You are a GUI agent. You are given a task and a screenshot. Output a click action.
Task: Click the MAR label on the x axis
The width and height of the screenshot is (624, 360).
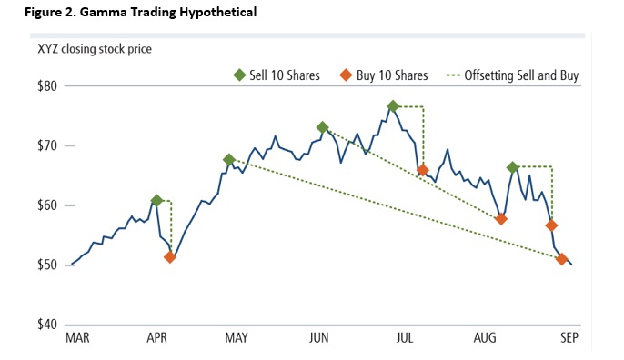[x=77, y=339]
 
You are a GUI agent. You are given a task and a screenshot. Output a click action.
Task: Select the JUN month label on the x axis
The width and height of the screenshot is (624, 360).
[x=318, y=339]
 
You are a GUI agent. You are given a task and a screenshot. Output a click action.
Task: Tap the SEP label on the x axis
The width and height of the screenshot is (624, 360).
[x=569, y=339]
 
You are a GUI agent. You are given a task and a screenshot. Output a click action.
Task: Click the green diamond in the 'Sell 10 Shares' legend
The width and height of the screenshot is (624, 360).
[x=239, y=75]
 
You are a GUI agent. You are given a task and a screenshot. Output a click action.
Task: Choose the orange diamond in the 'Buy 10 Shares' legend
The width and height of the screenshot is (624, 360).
[x=345, y=75]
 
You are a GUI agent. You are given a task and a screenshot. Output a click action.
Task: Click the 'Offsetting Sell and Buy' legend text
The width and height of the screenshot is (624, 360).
[x=521, y=75]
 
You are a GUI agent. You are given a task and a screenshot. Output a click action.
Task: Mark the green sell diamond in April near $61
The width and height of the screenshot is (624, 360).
[x=157, y=200]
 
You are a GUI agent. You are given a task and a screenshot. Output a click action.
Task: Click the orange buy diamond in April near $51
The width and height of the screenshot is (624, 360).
[x=170, y=257]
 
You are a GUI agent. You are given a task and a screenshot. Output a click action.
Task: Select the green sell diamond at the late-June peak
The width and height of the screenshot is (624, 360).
[x=393, y=106]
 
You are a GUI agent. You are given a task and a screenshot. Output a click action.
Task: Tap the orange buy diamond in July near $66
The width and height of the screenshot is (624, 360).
[x=423, y=170]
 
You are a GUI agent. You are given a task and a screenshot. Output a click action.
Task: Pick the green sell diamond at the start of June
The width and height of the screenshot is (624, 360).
[x=322, y=127]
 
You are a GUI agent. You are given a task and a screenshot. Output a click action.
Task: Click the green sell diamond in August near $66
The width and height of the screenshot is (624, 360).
[x=513, y=166]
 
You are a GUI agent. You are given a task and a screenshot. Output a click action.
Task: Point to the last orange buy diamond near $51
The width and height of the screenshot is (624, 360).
[x=562, y=259]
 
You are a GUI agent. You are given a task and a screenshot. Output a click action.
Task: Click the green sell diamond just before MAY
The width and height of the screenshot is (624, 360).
[x=228, y=159]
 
